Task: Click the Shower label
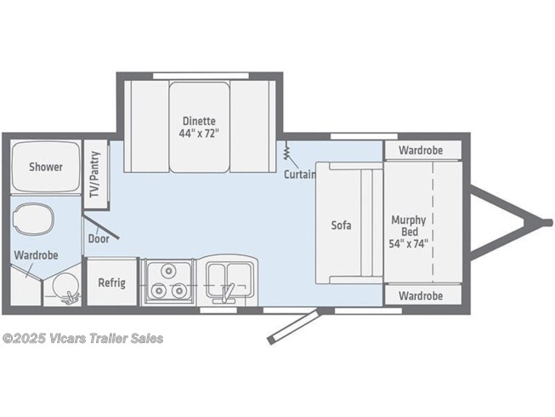pos(46,167)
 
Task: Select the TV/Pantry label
pos(94,174)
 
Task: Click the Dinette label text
pos(199,121)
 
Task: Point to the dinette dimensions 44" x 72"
pos(199,134)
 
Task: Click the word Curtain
pos(299,174)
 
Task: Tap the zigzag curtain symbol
pos(286,151)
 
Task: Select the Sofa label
pos(341,225)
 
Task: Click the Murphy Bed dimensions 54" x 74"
pos(409,243)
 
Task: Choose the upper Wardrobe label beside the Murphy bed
pos(421,151)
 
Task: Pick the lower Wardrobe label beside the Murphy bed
pos(421,296)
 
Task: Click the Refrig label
pos(111,283)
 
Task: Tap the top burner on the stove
pos(168,271)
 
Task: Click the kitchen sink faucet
pos(225,294)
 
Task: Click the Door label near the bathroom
pos(99,239)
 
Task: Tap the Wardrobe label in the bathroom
pos(36,255)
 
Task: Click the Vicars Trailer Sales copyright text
pos(82,339)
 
